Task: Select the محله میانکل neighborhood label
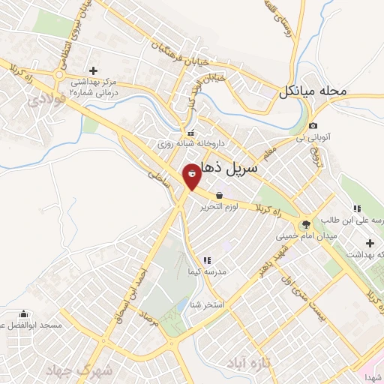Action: click(314, 92)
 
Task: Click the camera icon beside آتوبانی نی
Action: click(313, 125)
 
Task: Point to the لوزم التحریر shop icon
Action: click(218, 196)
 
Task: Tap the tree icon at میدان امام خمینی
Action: click(305, 224)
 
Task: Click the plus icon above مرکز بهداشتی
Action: click(93, 70)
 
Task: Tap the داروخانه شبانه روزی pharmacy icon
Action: click(180, 133)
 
